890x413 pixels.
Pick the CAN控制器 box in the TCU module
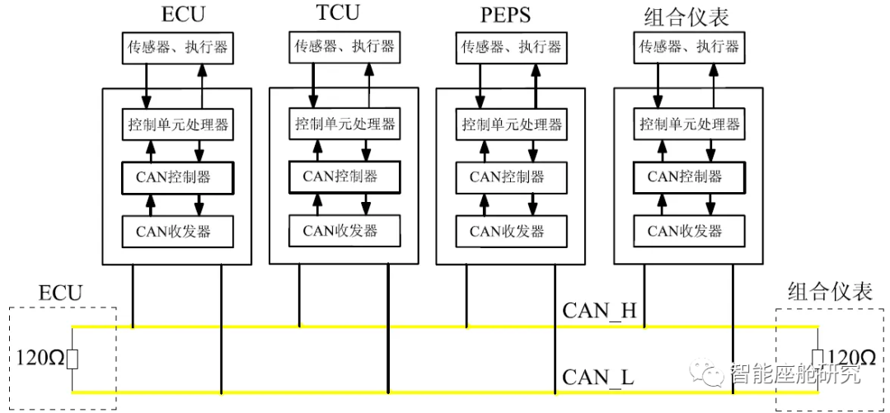[x=344, y=176]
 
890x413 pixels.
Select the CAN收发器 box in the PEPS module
[x=510, y=231]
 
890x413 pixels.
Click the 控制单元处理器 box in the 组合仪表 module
[x=689, y=125]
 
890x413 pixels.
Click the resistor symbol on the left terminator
[x=73, y=359]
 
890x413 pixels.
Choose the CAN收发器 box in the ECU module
[x=178, y=232]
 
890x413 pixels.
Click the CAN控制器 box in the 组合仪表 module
[x=689, y=176]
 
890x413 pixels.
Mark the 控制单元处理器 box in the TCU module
[x=344, y=124]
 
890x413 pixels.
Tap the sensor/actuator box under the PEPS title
[x=510, y=48]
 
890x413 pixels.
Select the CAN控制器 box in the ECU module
[x=178, y=176]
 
